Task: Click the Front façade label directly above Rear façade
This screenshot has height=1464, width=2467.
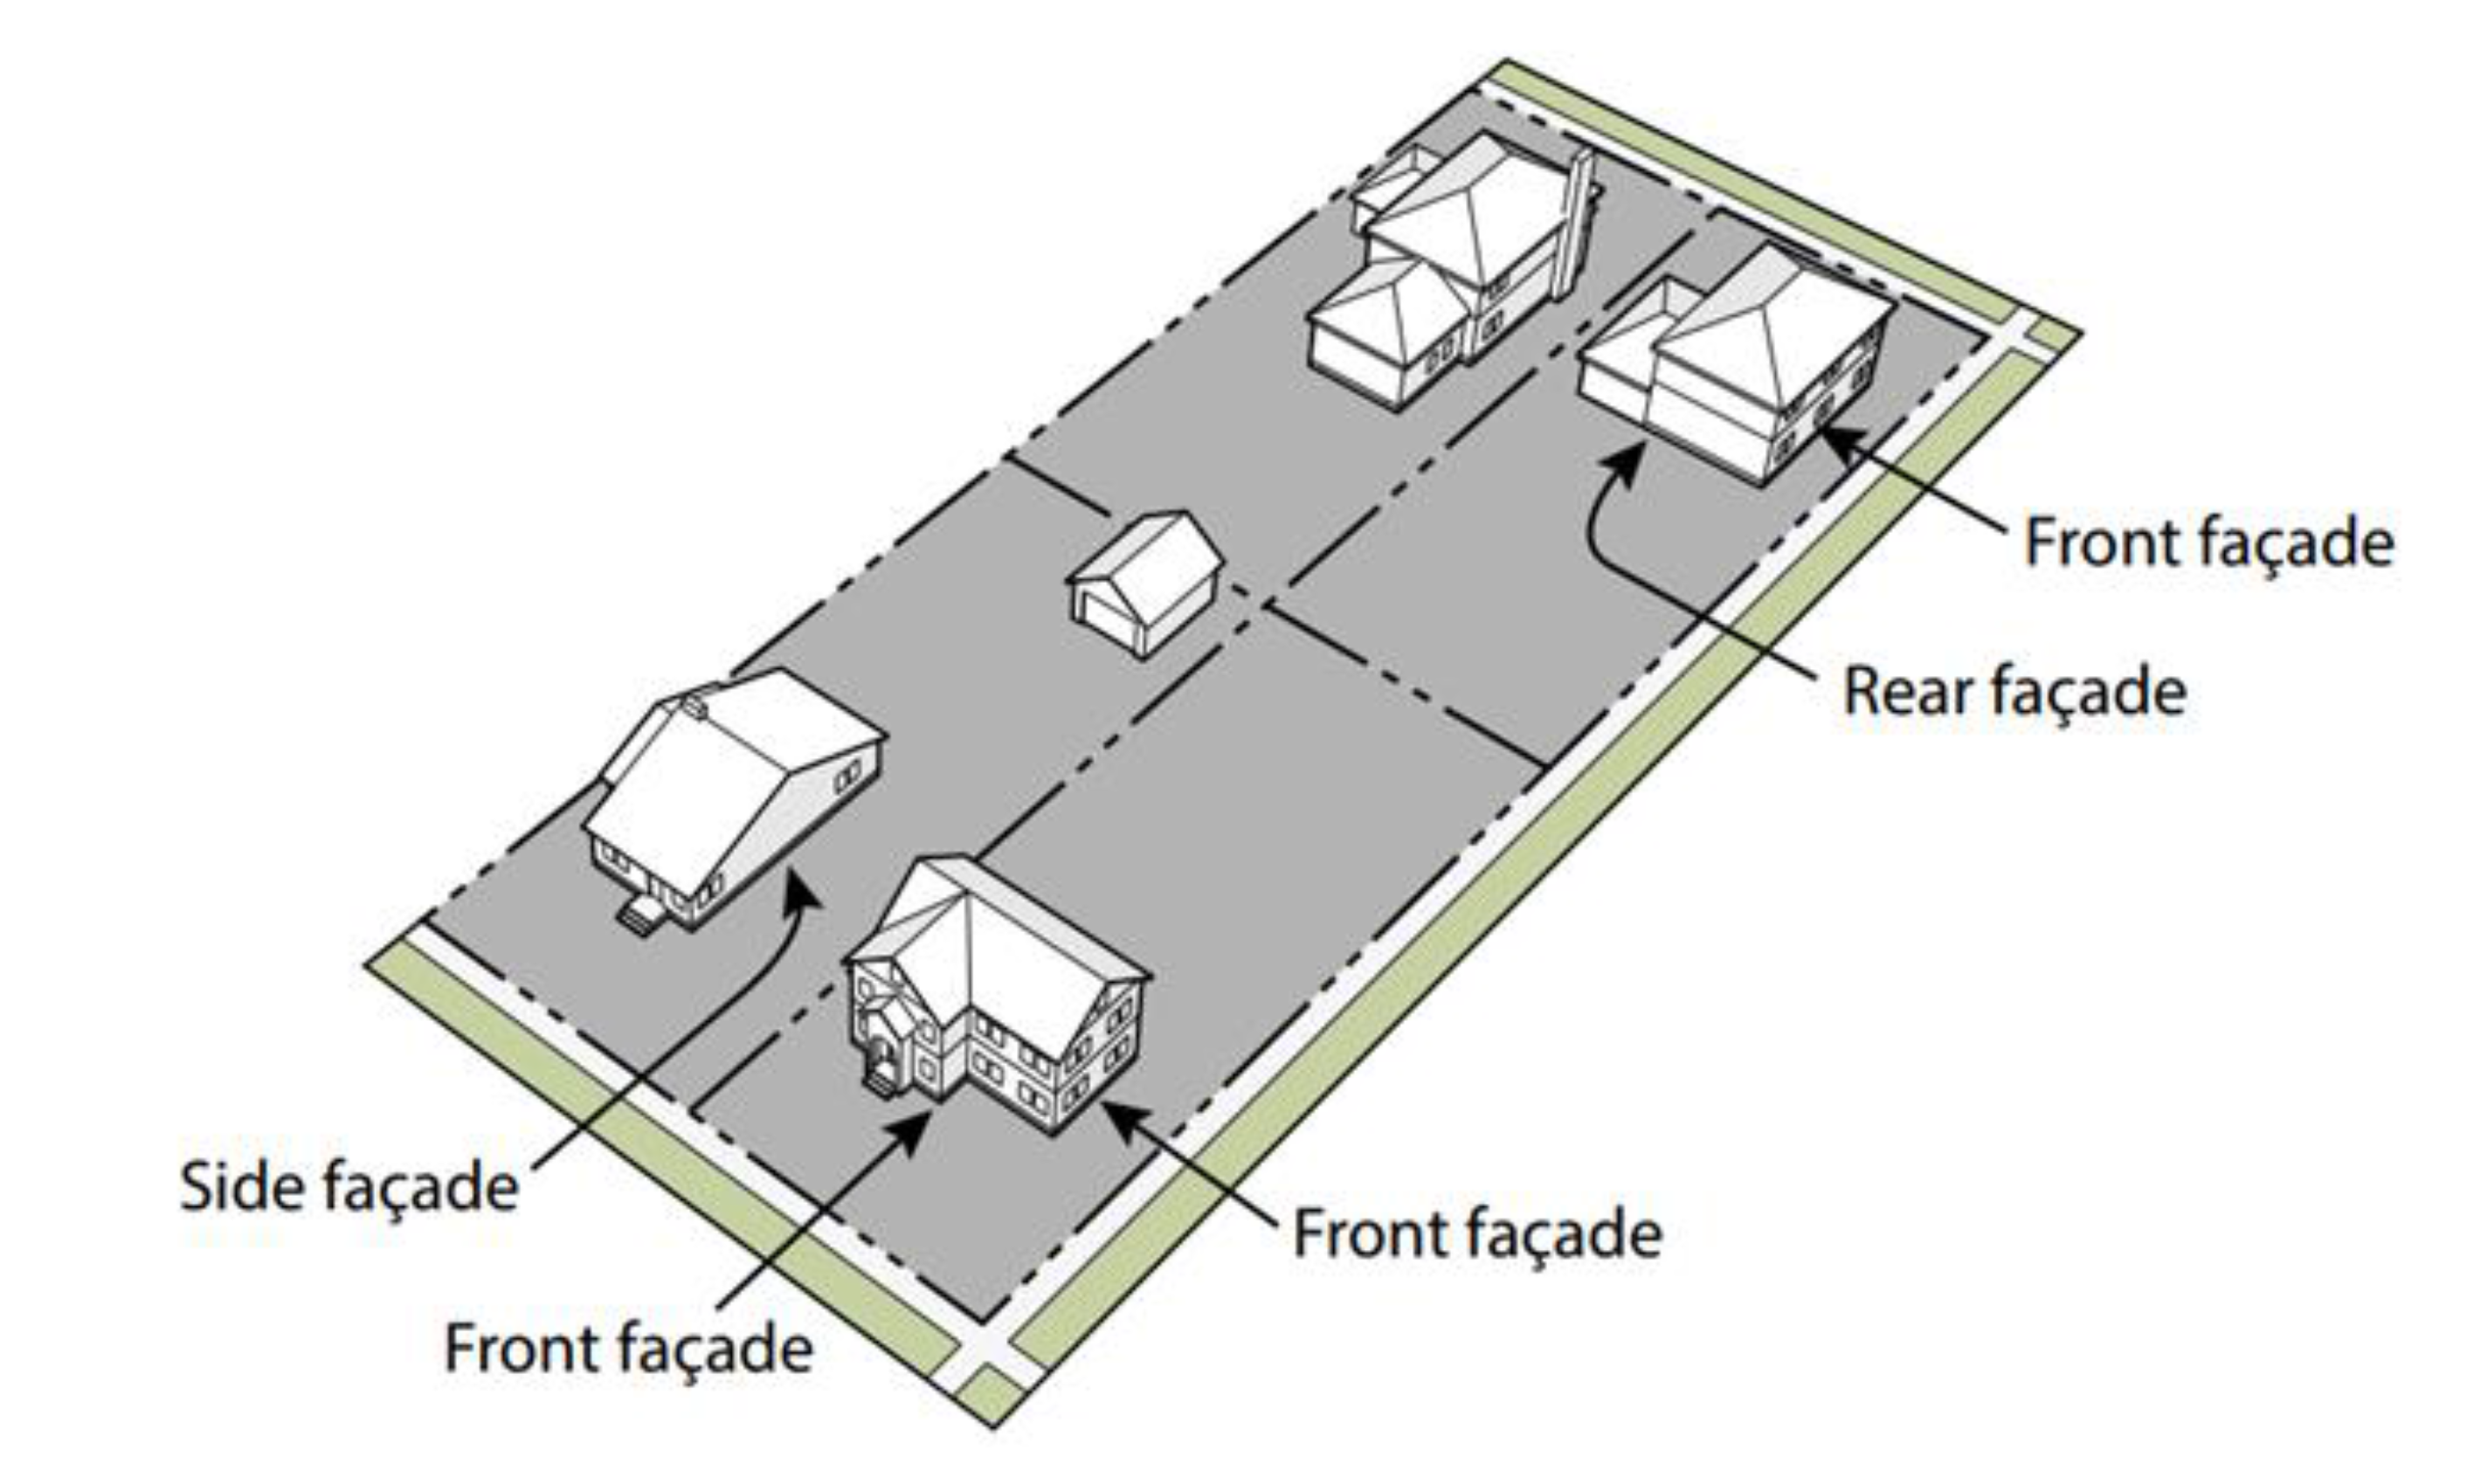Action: click(x=2208, y=542)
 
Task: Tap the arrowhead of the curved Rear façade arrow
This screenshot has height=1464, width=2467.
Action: click(x=1627, y=459)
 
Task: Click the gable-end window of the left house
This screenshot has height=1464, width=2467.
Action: click(x=847, y=777)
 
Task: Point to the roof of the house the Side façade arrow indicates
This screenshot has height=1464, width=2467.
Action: click(x=730, y=770)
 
